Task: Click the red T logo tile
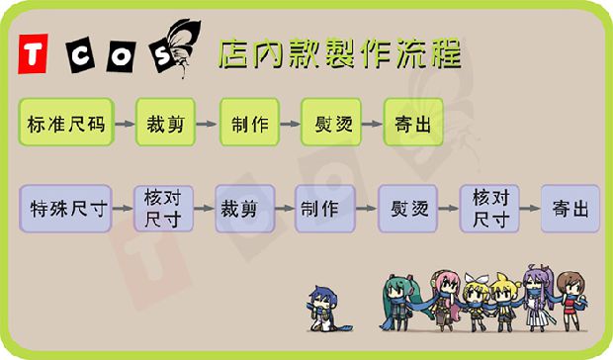point(33,54)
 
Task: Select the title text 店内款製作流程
point(340,53)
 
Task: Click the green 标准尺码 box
point(66,123)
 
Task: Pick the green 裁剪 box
point(165,123)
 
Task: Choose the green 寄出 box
point(413,123)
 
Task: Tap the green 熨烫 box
point(331,123)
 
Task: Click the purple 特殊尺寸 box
point(65,209)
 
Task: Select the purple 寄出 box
point(570,209)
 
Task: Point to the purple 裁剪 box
point(245,209)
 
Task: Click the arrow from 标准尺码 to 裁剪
point(126,124)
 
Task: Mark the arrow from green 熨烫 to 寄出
point(372,124)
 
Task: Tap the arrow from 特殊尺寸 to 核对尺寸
point(124,209)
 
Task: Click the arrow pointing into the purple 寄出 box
point(530,209)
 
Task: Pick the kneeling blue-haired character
point(326,309)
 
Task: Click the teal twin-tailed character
point(398,303)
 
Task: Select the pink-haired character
point(446,301)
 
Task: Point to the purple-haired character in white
point(540,299)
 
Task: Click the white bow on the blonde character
point(477,278)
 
